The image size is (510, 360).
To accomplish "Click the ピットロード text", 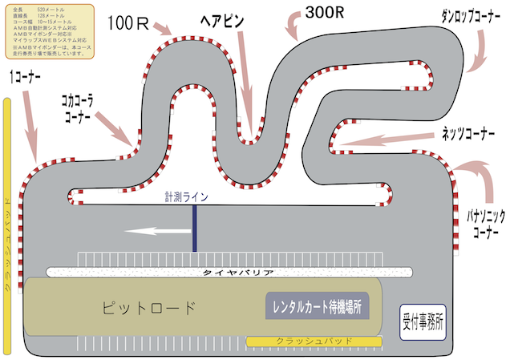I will [149, 306].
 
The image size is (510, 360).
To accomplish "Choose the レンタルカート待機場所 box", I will [316, 305].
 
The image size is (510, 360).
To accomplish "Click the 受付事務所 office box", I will [423, 317].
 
